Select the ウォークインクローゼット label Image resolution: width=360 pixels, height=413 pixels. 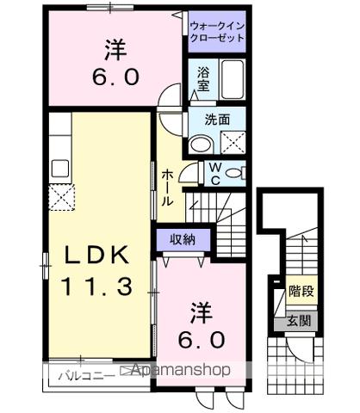[216, 32]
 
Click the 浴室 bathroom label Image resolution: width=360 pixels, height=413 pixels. [202, 79]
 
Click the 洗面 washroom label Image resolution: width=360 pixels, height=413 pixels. [216, 120]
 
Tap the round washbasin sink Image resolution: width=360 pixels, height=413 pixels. [201, 144]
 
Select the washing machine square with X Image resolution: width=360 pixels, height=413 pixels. [231, 142]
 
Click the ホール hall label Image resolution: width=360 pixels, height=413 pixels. [167, 186]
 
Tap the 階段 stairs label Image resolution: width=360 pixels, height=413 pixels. [301, 291]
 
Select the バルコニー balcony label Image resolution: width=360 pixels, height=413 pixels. [84, 374]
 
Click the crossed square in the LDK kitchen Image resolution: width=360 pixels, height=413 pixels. [62, 197]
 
